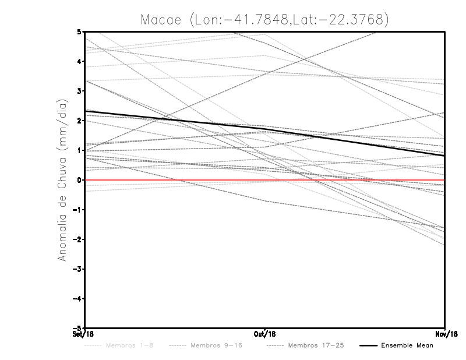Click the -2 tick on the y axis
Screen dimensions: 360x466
(x=78, y=239)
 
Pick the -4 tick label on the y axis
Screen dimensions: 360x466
(x=78, y=298)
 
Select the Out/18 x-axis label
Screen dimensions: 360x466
(x=265, y=334)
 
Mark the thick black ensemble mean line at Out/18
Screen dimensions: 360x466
(x=265, y=128)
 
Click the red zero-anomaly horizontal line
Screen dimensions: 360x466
(x=175, y=180)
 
